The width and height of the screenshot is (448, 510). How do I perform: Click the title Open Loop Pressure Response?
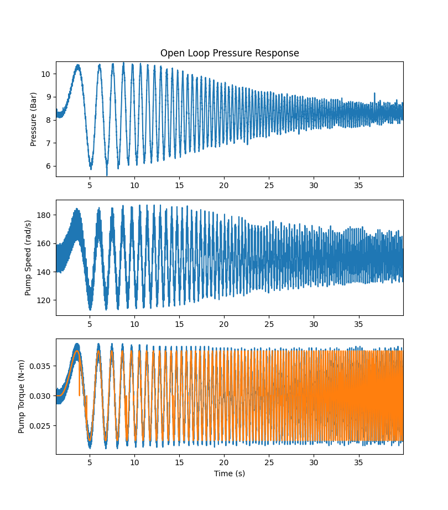(x=230, y=53)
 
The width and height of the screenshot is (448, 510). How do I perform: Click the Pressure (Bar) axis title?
(x=34, y=119)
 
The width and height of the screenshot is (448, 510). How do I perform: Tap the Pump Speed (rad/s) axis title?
(x=28, y=258)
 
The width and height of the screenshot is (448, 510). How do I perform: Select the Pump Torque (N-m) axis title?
(x=22, y=397)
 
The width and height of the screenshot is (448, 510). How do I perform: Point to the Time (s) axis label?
(x=230, y=473)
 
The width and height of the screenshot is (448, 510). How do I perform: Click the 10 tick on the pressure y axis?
(x=46, y=74)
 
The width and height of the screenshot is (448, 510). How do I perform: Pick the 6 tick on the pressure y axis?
(x=49, y=166)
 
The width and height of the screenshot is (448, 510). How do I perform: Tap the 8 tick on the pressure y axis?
(x=49, y=120)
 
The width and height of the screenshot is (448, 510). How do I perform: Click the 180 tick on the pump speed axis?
(x=44, y=215)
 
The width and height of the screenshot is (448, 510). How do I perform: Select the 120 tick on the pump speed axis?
(x=44, y=300)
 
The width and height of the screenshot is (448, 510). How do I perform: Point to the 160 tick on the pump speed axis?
(x=44, y=243)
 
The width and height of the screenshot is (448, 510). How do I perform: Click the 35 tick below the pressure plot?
(x=358, y=185)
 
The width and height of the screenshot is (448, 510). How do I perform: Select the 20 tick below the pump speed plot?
(x=224, y=324)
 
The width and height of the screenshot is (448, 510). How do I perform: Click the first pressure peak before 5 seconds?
(x=78, y=65)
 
